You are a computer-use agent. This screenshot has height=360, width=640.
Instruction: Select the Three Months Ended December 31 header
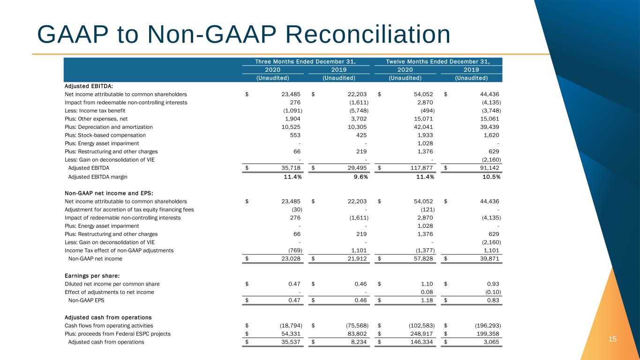(305, 61)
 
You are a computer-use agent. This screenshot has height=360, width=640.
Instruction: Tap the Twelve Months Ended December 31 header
(437, 61)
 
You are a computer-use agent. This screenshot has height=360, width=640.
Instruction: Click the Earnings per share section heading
(88, 275)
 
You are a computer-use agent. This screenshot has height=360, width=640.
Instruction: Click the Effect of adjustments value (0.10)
(491, 292)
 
